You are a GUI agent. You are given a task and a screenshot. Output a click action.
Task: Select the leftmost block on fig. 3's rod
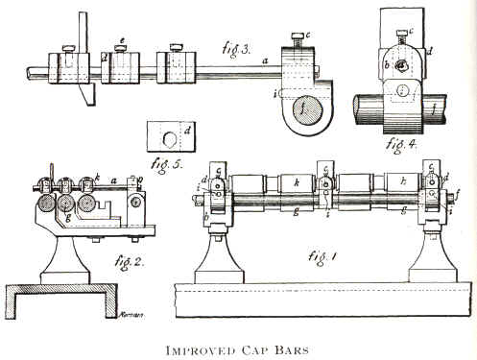[x=68, y=69]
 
